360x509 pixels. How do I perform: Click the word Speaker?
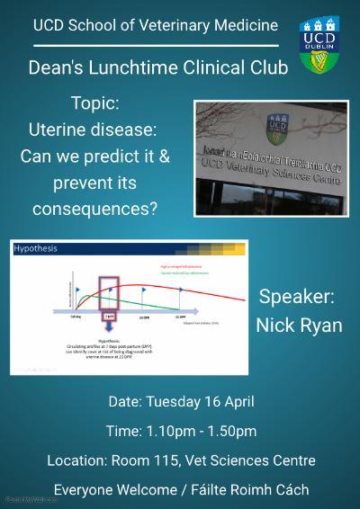pos(295,298)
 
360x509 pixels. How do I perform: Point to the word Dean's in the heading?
pos(55,67)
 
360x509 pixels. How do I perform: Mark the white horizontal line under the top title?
pos(153,45)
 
